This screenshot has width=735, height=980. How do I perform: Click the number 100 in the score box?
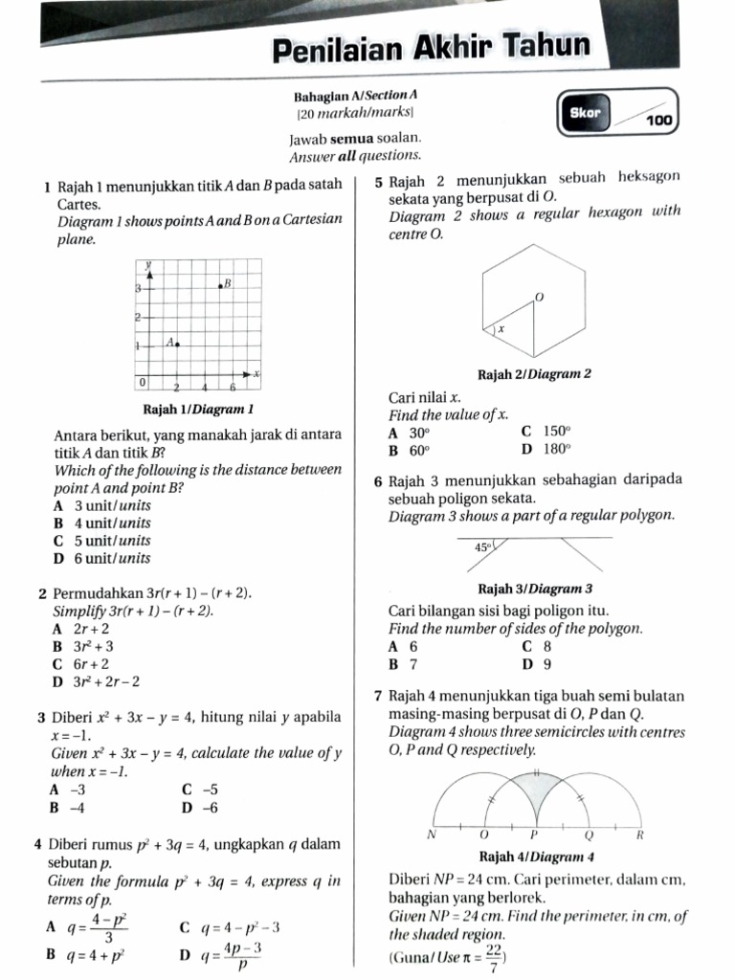click(658, 122)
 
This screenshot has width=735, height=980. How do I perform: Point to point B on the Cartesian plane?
click(220, 284)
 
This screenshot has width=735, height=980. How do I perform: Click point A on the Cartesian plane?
click(177, 344)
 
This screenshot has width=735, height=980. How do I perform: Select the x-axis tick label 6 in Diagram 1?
click(233, 387)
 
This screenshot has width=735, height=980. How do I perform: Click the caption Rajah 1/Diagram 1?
click(197, 410)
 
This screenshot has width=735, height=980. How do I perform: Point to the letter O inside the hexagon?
click(539, 299)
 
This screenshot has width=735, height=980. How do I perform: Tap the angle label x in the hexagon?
click(501, 328)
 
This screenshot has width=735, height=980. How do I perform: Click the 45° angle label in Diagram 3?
click(482, 547)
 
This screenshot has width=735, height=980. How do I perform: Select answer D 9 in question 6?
click(537, 663)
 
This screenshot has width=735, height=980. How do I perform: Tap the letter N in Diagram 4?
click(431, 835)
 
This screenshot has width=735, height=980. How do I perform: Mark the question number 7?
click(379, 696)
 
